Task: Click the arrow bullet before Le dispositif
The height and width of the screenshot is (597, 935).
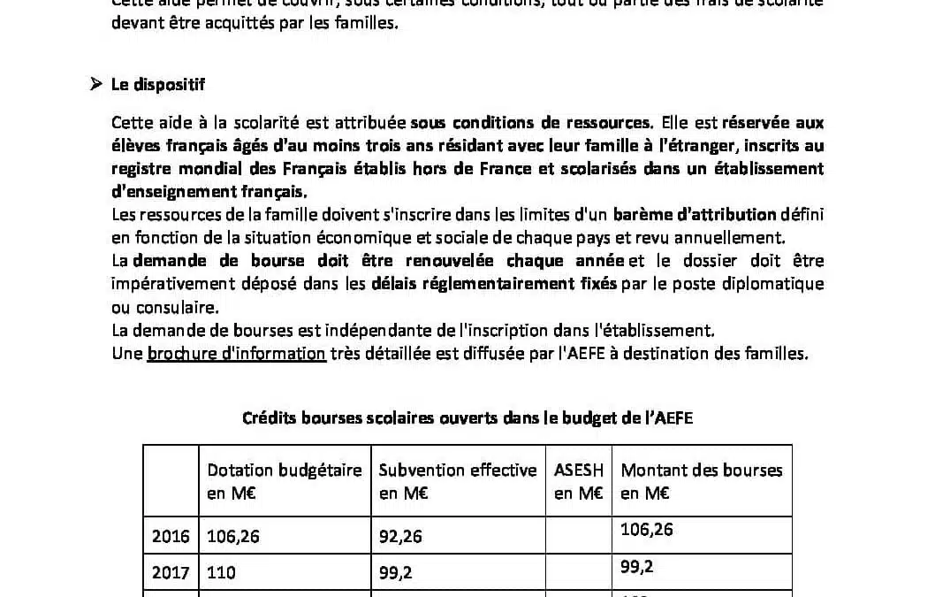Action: [x=96, y=85]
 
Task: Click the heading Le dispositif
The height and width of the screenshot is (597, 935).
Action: [x=158, y=85]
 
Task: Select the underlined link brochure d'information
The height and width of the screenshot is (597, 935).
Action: [x=237, y=354]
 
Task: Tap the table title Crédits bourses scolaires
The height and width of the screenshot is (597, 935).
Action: [x=467, y=418]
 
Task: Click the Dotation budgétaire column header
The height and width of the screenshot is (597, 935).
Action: [x=285, y=481]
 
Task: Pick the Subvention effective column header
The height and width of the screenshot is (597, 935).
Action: [x=458, y=481]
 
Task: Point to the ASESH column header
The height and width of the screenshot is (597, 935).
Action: [x=579, y=481]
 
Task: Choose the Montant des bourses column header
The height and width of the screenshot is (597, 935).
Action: [x=702, y=481]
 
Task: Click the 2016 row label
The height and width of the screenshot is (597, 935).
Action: [x=171, y=535]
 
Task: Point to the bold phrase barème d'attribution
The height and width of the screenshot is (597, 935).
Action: [x=695, y=215]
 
